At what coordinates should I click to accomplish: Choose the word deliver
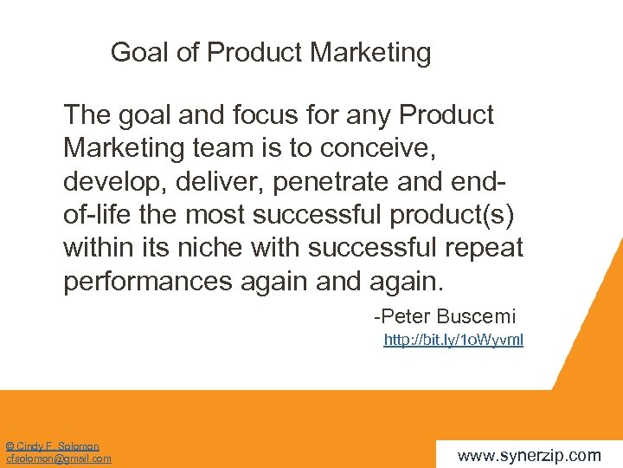coord(199,182)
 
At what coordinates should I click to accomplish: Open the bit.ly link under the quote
coord(453,341)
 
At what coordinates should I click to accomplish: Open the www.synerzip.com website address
coord(529,455)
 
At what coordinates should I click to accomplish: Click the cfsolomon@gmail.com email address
coord(58,458)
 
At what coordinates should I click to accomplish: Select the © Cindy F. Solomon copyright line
coord(52,446)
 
